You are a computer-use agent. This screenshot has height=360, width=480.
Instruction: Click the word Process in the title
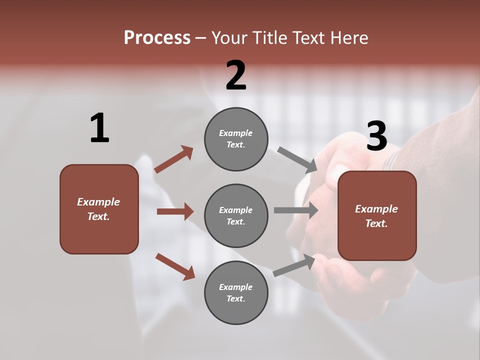click(157, 38)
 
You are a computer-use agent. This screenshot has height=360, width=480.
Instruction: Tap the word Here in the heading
click(348, 38)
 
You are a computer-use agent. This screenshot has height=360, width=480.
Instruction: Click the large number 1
click(99, 128)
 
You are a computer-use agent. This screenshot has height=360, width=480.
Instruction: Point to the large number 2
click(236, 76)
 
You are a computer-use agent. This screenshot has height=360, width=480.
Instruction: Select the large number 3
click(376, 136)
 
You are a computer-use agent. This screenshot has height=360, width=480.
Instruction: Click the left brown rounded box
click(99, 209)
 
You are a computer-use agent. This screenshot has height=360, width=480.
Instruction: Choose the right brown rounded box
click(377, 216)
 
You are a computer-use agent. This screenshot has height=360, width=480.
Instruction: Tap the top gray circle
click(236, 139)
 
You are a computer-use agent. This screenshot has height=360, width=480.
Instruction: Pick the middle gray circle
click(236, 215)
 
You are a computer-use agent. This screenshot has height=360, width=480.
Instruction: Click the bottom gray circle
click(236, 292)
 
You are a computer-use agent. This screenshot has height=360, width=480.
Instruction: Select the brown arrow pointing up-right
click(174, 159)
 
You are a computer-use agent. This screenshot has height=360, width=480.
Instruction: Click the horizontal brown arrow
click(175, 211)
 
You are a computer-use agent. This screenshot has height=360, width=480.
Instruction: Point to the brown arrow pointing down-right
click(175, 266)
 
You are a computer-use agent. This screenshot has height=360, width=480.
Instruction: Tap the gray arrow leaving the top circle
click(297, 160)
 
